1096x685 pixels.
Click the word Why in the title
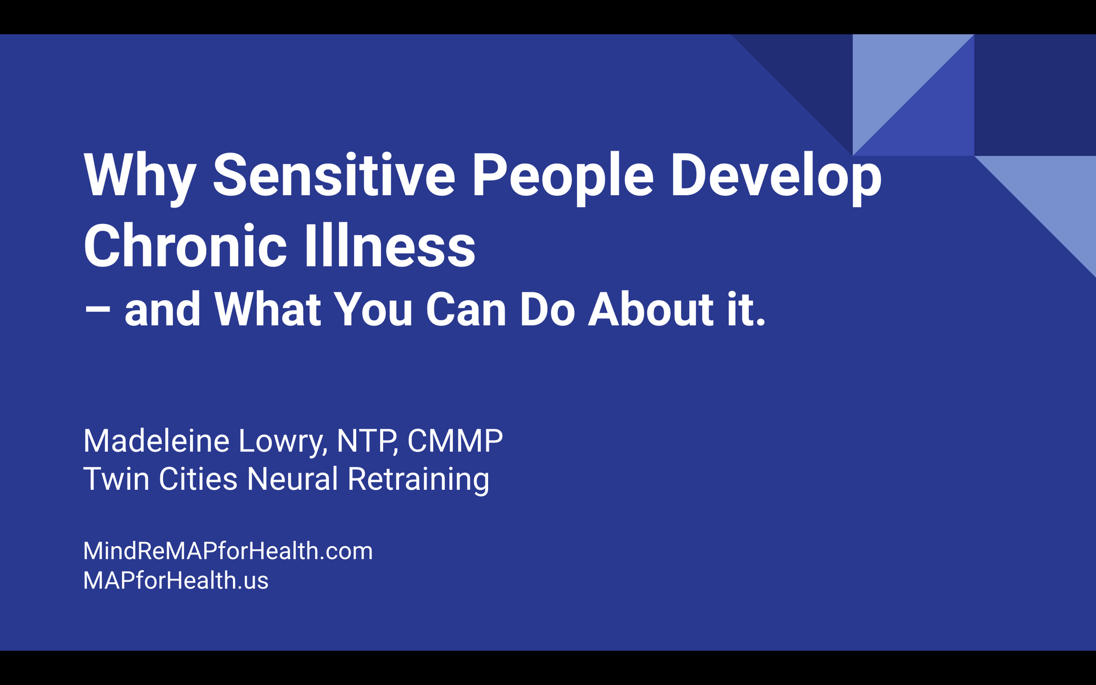coord(140,176)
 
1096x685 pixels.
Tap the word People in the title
coord(562,176)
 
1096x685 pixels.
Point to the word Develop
coord(776,176)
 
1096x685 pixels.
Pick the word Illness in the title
coord(390,246)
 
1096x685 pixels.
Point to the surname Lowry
coord(283,442)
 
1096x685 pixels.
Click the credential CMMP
coord(455,441)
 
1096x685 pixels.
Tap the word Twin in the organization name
coord(116,478)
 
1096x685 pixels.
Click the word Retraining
coord(418,479)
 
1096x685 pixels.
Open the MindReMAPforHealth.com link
coord(228,551)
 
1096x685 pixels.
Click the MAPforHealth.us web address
coord(176,581)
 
